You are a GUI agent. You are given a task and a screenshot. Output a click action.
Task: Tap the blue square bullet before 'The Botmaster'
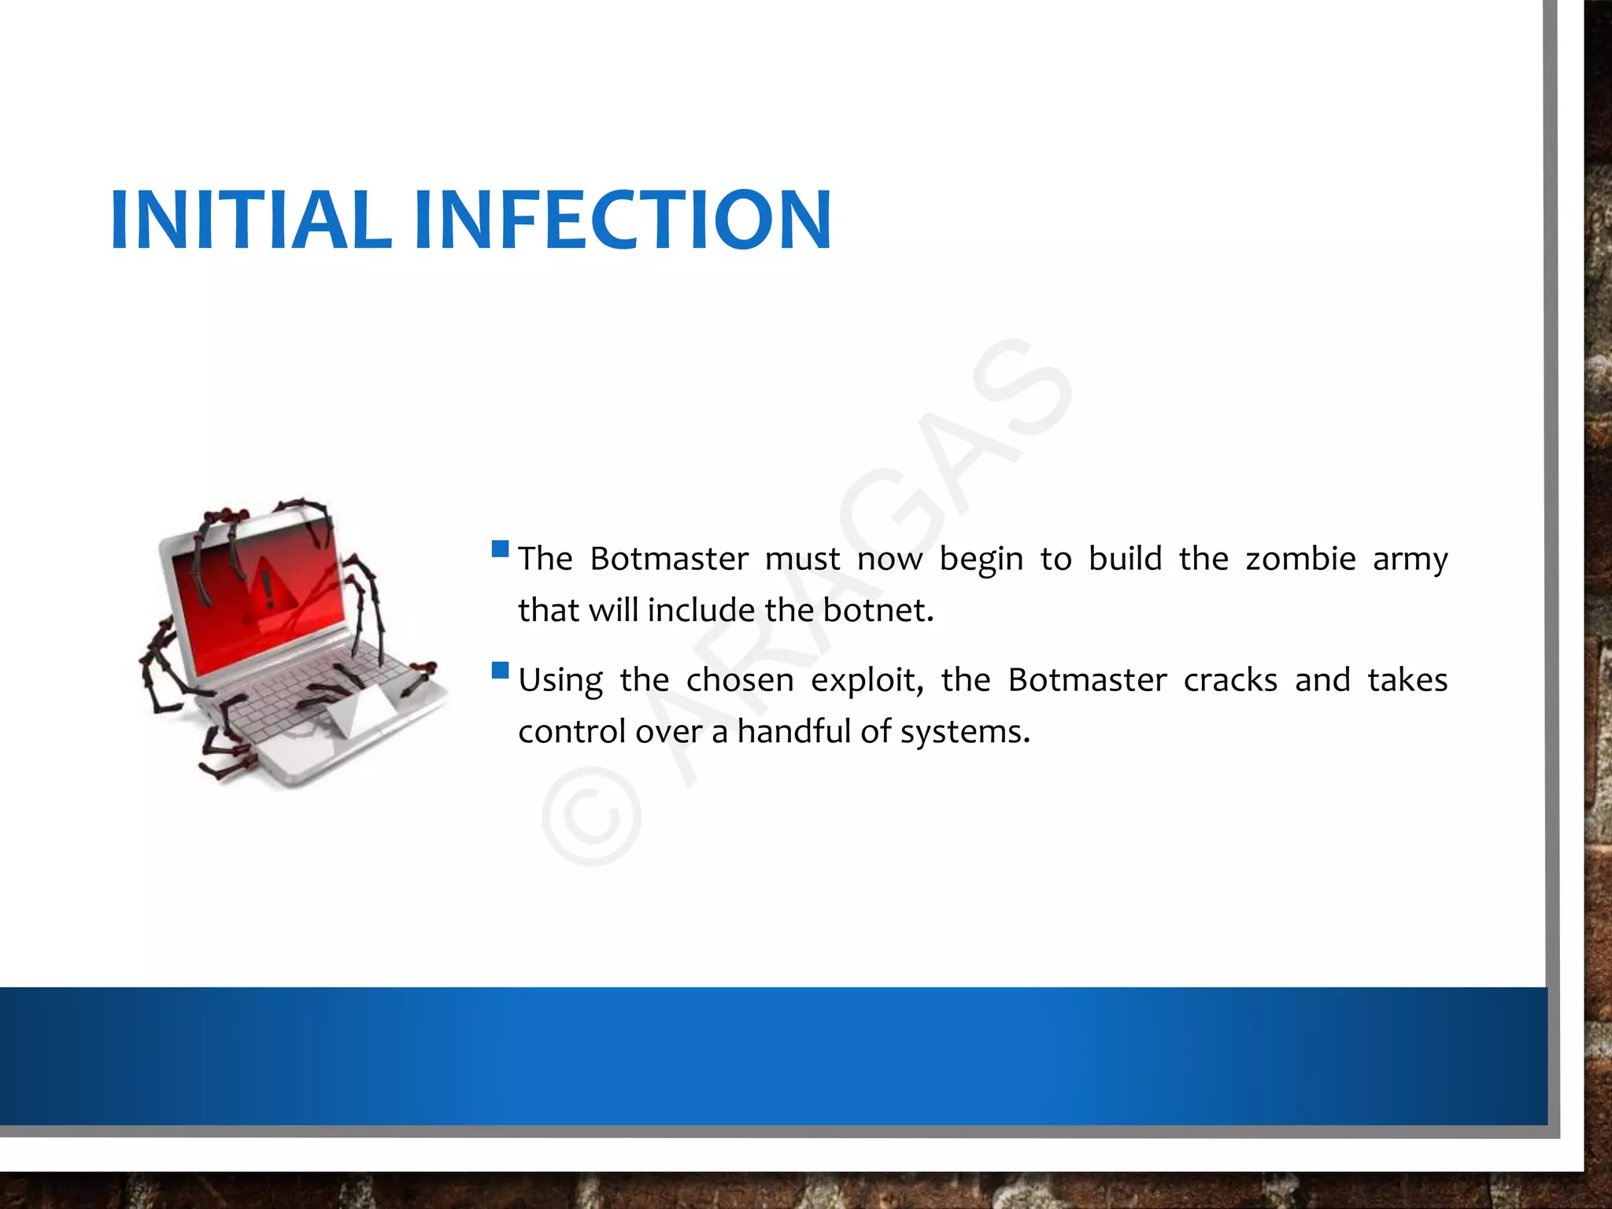click(x=500, y=549)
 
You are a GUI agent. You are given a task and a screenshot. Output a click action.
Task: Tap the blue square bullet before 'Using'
click(x=500, y=670)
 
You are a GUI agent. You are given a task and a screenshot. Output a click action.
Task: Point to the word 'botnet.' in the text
click(x=878, y=610)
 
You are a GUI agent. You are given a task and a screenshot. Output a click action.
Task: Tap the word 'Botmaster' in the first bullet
click(x=669, y=559)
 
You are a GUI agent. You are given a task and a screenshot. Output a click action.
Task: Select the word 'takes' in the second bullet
click(x=1407, y=680)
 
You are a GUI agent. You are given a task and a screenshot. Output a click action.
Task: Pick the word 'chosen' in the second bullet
click(x=740, y=680)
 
